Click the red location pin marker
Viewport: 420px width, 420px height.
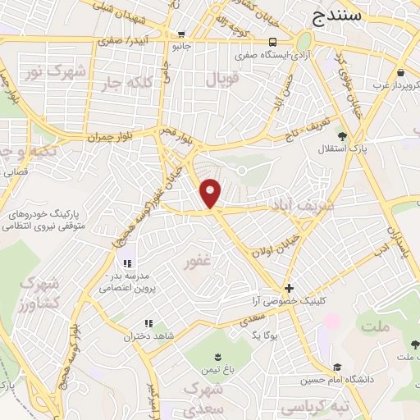click(212, 193)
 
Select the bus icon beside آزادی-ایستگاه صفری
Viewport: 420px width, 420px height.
click(272, 42)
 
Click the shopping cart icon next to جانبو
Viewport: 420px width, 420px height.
click(180, 34)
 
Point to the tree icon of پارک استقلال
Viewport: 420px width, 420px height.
click(342, 136)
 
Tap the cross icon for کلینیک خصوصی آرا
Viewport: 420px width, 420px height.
click(288, 289)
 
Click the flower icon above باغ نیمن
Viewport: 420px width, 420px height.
click(217, 356)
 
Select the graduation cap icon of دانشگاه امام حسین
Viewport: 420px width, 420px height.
click(337, 367)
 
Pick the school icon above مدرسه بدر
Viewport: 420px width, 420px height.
click(127, 263)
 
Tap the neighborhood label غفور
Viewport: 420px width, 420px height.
click(197, 262)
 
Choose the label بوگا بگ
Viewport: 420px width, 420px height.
click(267, 336)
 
